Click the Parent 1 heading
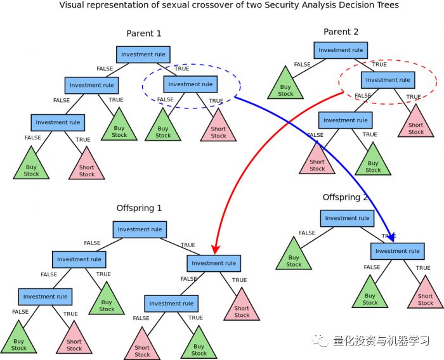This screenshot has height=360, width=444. point(144,34)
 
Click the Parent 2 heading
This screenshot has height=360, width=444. point(341,32)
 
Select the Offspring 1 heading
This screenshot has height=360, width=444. point(139,208)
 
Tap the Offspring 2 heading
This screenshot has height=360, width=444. point(345,197)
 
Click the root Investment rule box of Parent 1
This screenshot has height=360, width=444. point(143,55)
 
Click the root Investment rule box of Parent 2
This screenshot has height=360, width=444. point(341,50)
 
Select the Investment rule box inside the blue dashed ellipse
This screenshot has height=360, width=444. point(190,84)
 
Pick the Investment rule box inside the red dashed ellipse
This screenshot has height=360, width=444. point(388,80)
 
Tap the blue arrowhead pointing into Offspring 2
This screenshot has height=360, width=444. point(392,238)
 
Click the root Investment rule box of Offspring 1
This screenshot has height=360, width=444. point(140,229)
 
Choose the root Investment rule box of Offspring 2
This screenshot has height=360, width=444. point(347,218)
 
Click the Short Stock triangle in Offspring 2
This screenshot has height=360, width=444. point(426,295)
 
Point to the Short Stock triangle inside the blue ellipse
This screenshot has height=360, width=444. point(218,129)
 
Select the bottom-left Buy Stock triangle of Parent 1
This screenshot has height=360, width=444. point(31,167)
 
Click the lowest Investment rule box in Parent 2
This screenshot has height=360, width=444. point(345,120)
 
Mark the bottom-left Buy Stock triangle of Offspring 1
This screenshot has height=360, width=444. point(18,341)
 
